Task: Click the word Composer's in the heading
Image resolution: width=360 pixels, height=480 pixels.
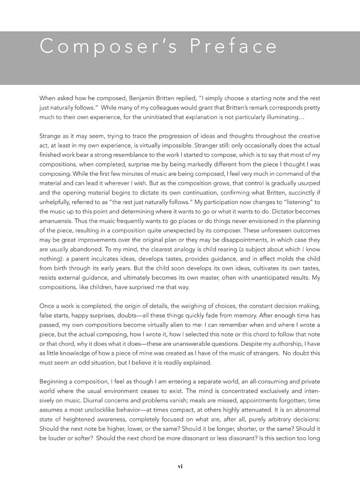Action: (109, 46)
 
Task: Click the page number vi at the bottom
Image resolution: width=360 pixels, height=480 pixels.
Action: (180, 467)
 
